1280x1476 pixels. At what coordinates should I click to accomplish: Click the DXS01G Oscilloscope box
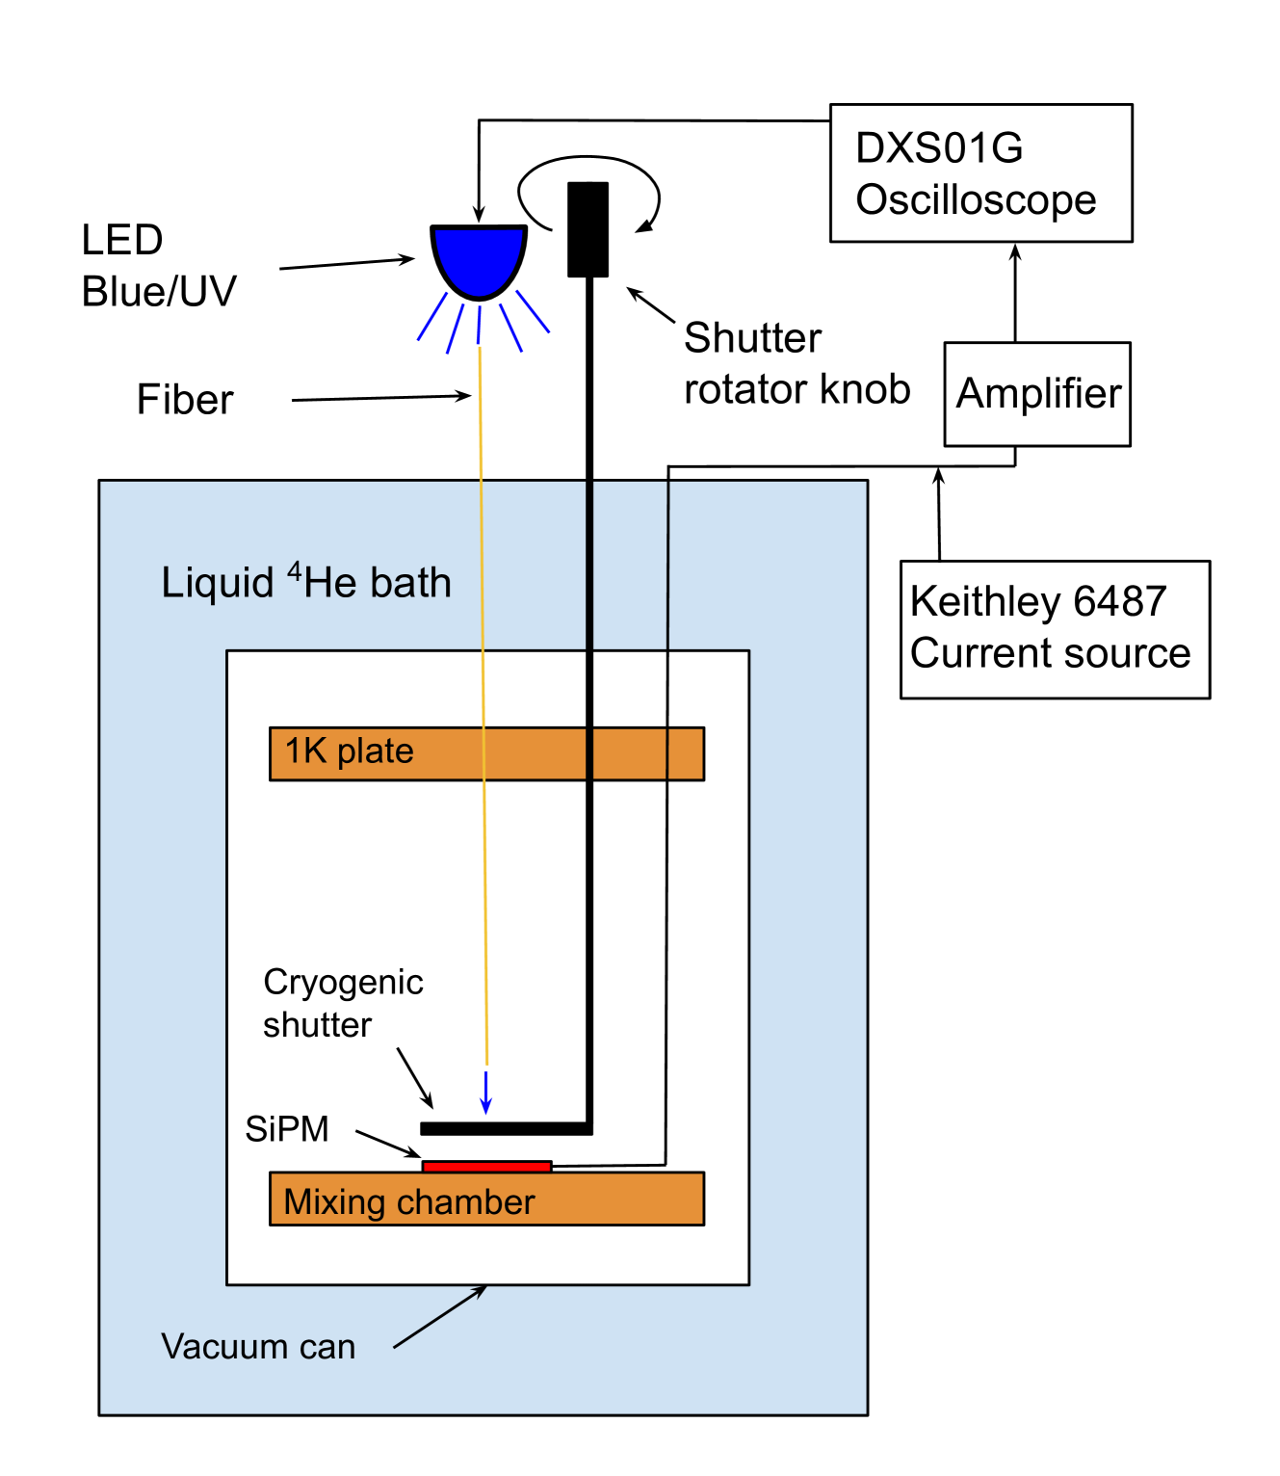coord(980,173)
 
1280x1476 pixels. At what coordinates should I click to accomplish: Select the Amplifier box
coord(1037,394)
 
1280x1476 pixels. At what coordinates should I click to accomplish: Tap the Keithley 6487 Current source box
coord(1055,629)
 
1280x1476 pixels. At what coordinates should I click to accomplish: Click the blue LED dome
coord(479,257)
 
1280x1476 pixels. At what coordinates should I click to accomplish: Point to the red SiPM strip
coord(486,1166)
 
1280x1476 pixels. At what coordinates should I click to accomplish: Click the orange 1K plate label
coord(349,751)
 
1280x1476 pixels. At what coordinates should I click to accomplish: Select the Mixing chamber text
coord(408,1201)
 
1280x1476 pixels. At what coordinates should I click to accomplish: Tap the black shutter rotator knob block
coord(588,229)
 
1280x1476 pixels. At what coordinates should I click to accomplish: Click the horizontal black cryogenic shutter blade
coord(506,1128)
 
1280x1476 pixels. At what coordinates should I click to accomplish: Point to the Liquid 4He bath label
coord(306,583)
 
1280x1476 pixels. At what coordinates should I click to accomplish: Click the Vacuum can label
coord(258,1346)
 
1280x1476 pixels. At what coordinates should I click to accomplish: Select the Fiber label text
coord(185,400)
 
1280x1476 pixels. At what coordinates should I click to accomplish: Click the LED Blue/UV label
coord(158,266)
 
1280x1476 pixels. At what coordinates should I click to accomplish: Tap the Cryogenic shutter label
coord(343,1003)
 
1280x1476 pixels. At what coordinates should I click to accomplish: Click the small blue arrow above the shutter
coord(486,1094)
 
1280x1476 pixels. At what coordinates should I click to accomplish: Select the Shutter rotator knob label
coord(796,364)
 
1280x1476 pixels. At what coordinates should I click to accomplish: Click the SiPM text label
coord(287,1128)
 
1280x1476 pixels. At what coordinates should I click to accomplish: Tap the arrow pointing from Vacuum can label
coord(440,1316)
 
